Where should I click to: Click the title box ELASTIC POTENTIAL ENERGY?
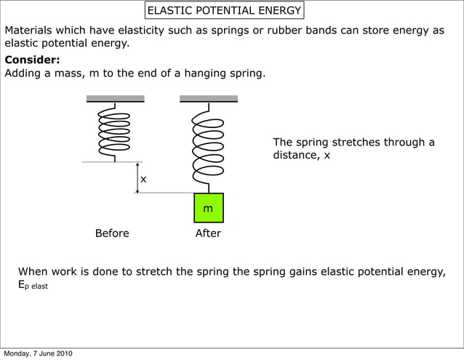[224, 11]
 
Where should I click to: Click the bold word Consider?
[33, 60]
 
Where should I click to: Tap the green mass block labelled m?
[208, 208]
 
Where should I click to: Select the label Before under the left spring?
[112, 233]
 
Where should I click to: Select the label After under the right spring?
[208, 233]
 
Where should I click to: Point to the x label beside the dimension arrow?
[143, 179]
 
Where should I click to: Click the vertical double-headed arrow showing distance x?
[137, 177]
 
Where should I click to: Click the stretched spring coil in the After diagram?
[207, 145]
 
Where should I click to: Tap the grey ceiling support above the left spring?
[115, 98]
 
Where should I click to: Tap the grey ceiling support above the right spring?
[208, 98]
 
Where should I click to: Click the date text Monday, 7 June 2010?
[38, 354]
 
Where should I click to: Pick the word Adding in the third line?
[23, 73]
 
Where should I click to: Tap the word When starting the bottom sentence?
[33, 272]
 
